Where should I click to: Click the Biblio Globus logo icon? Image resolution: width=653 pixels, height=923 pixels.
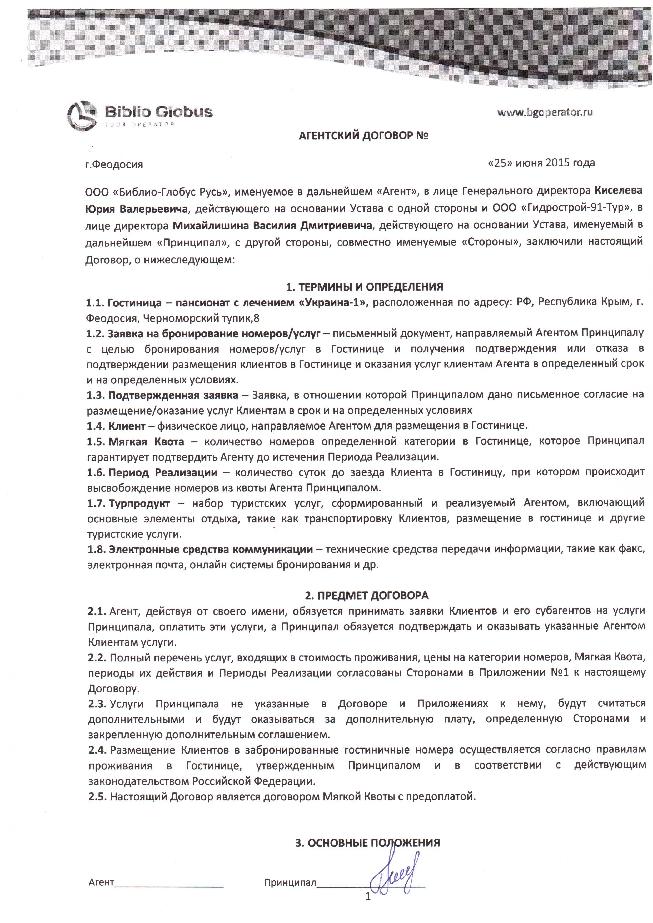pos(82,116)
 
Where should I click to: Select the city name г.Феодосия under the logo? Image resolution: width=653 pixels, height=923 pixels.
pos(114,164)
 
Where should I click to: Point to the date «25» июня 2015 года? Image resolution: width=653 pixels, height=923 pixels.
pos(541,163)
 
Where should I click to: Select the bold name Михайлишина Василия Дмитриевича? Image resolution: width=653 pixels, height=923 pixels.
pos(272,226)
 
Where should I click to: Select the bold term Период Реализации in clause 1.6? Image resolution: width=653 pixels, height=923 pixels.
pos(163,472)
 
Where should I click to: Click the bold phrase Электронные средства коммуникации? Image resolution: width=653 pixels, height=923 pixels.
pos(211,549)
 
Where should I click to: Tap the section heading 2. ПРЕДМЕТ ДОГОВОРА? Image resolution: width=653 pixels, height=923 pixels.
pos(365,595)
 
